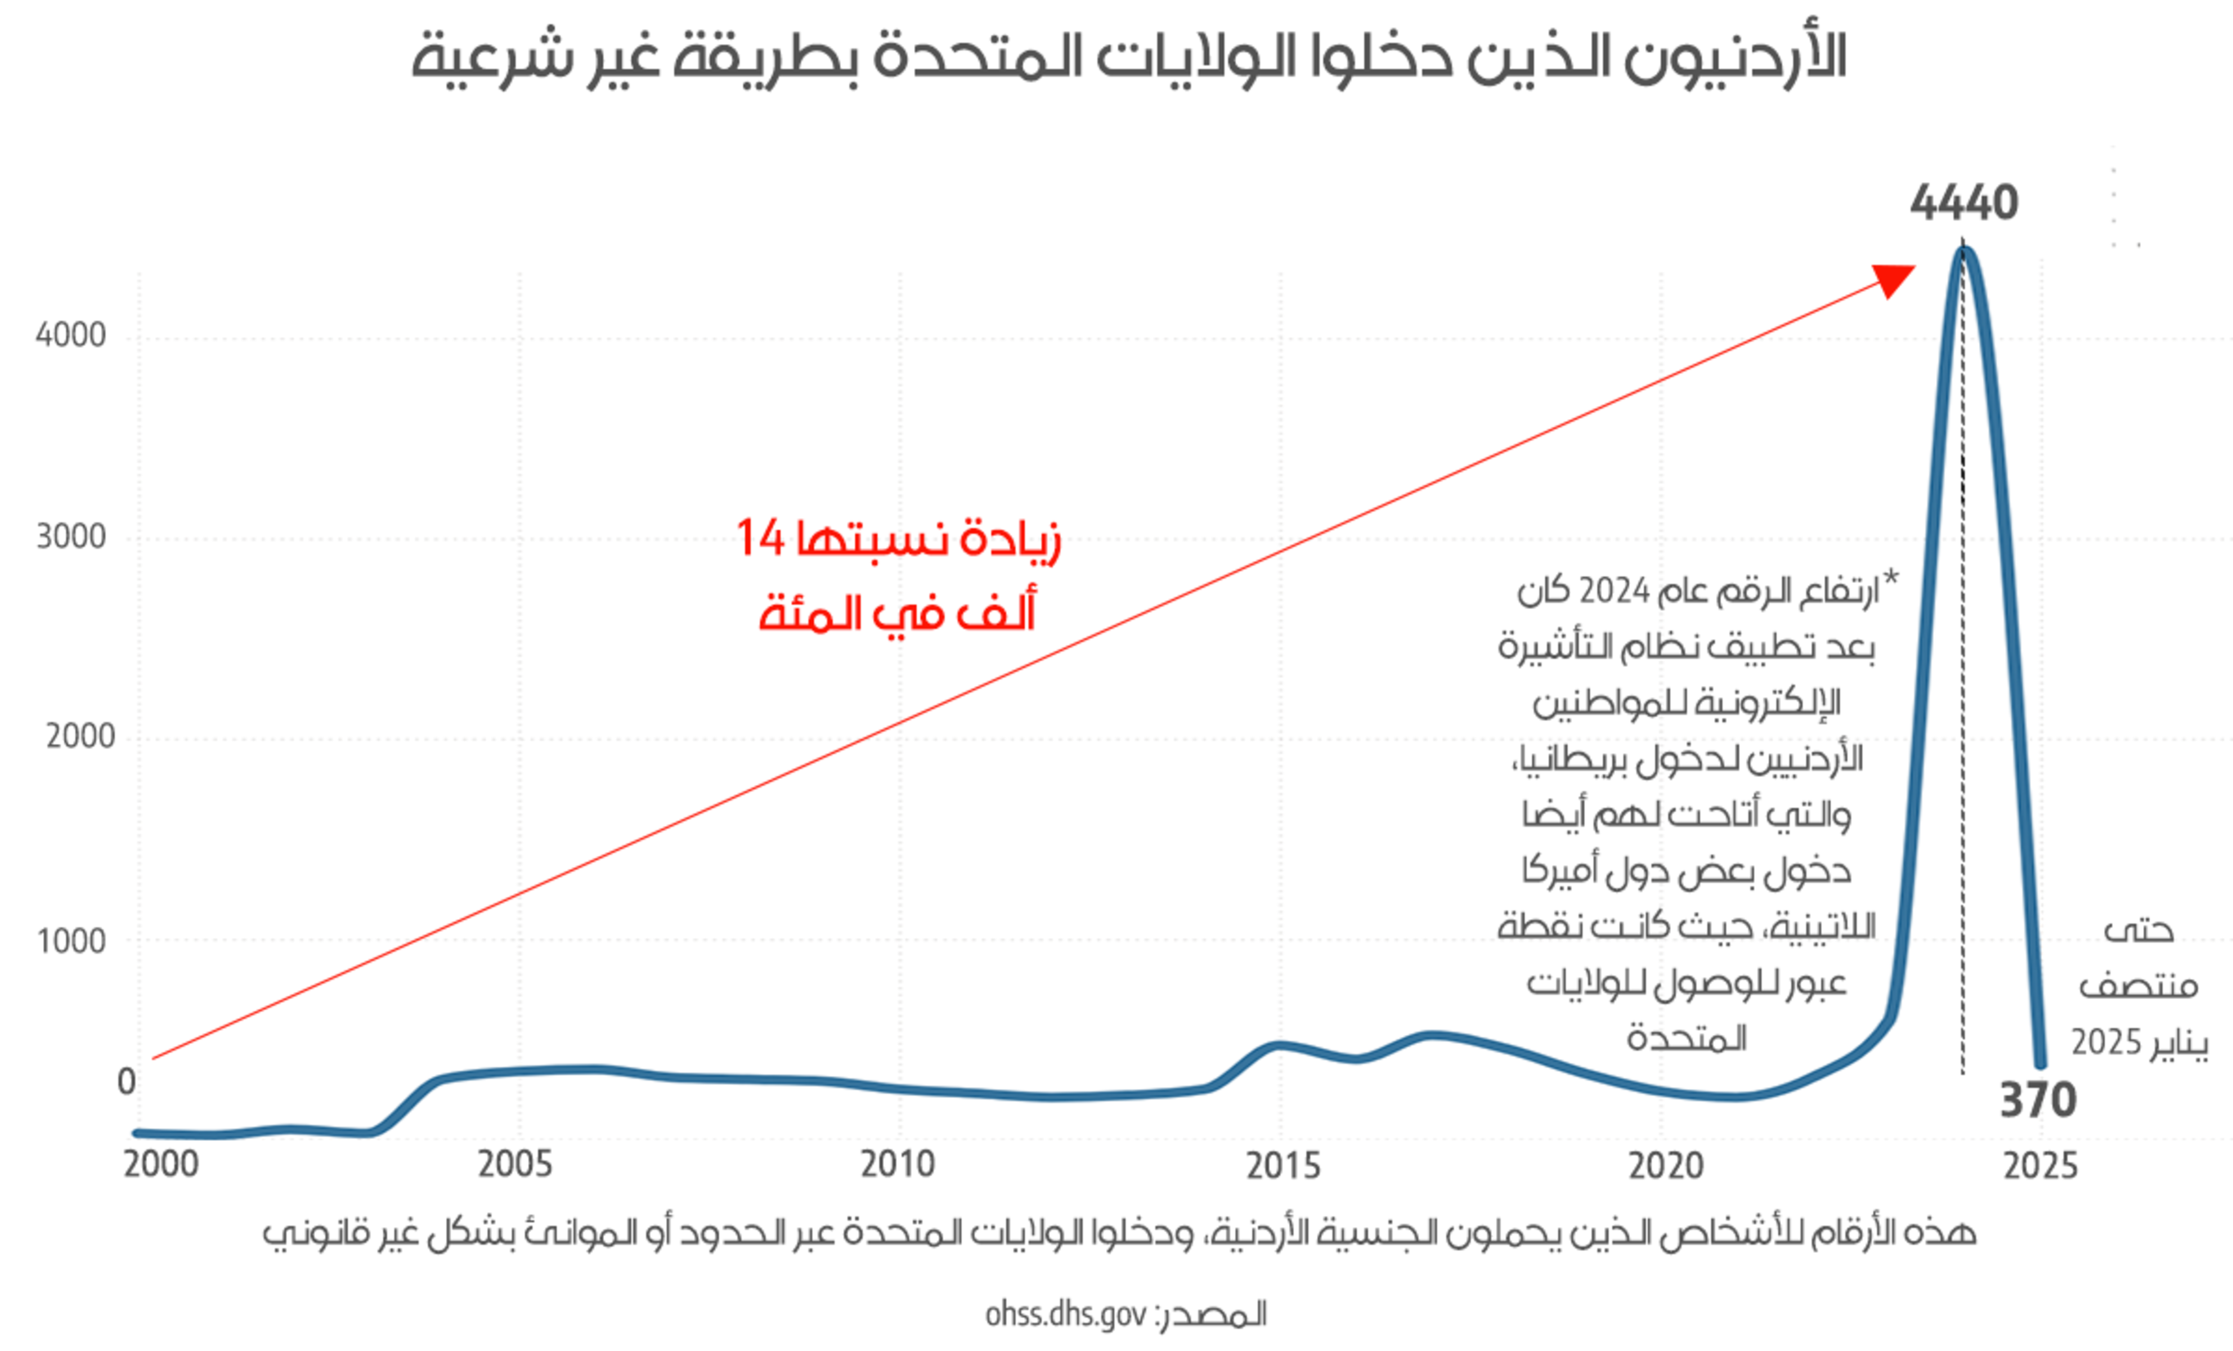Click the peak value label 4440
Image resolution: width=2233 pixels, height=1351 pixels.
[x=1964, y=202]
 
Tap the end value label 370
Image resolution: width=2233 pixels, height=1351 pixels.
[x=2037, y=1101]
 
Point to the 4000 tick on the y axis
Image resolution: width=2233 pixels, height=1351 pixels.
[x=71, y=335]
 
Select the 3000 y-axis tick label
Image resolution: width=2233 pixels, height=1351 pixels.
[x=71, y=537]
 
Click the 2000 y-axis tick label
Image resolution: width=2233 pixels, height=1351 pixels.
[x=80, y=736]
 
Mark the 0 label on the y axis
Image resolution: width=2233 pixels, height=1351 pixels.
[x=126, y=1082]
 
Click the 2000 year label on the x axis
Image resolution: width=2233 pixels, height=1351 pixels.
[x=162, y=1164]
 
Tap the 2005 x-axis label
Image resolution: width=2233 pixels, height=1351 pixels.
[x=515, y=1164]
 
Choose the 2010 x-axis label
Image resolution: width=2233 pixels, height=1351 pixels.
[x=897, y=1164]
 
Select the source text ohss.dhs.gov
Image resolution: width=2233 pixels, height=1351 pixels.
[x=1065, y=1314]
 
